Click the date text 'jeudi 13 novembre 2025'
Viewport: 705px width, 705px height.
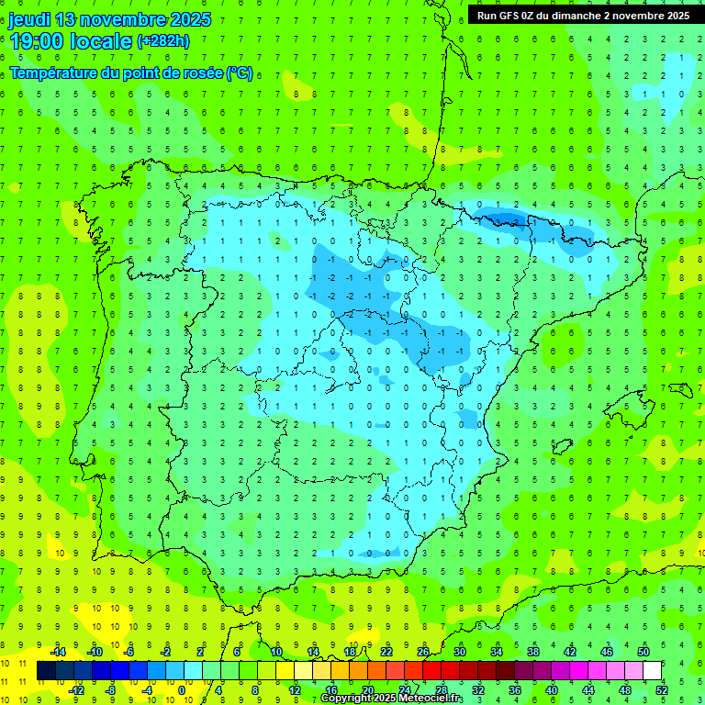click(110, 19)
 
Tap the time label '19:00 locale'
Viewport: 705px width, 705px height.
click(72, 40)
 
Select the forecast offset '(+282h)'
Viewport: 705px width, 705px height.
click(163, 40)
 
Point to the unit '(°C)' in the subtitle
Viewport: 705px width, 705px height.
click(240, 73)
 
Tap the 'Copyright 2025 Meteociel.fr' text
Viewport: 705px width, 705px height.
click(391, 699)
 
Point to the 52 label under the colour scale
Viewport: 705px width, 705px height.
click(662, 690)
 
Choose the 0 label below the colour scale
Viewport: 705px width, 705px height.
click(183, 690)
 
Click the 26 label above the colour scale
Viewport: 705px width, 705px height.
click(422, 652)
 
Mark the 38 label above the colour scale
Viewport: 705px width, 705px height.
click(532, 652)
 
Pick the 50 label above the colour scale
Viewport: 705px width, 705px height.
click(643, 652)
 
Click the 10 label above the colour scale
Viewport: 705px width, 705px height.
click(275, 652)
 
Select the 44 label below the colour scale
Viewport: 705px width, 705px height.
click(588, 690)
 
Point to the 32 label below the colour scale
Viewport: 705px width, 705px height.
click(478, 690)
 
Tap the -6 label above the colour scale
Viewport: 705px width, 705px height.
click(129, 652)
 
